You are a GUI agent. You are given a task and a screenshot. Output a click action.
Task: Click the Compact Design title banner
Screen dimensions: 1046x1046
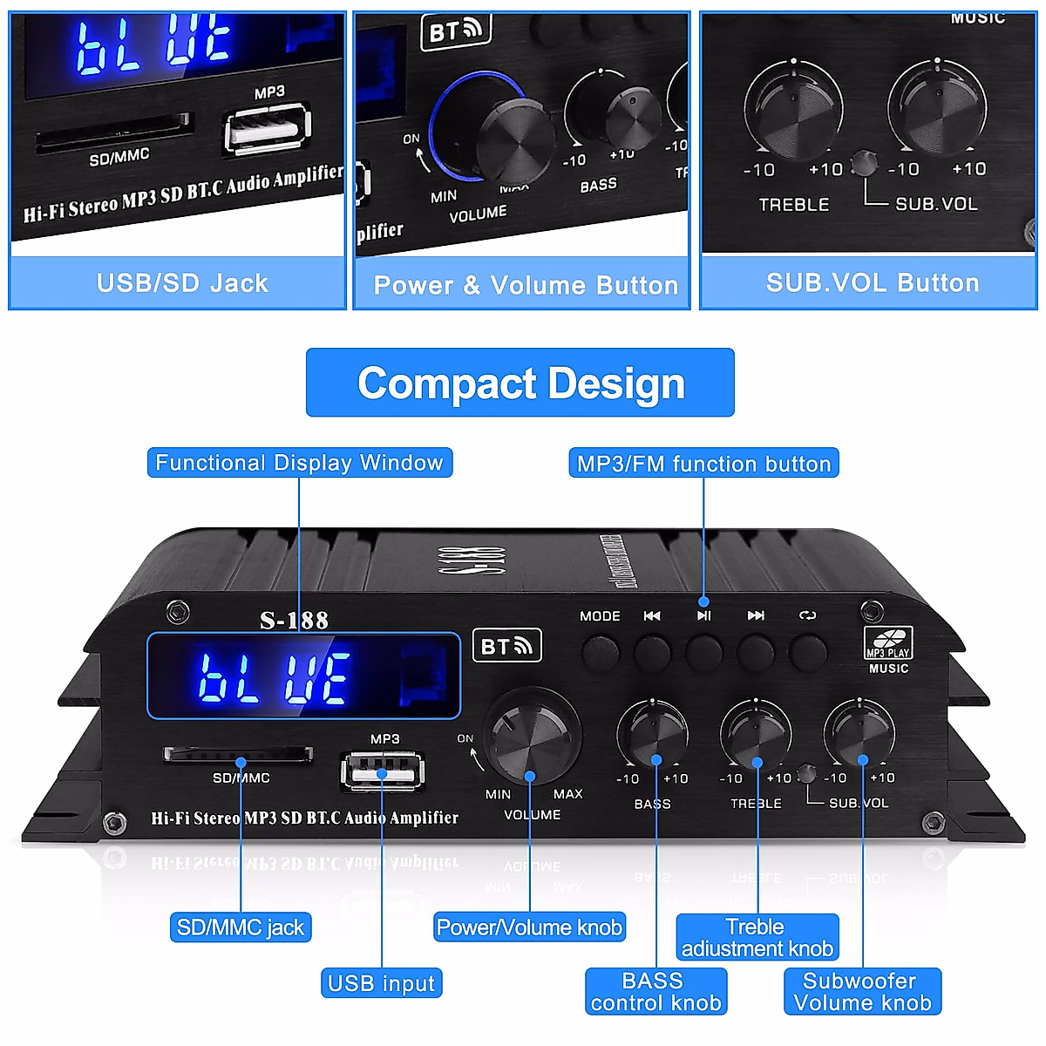[x=520, y=383]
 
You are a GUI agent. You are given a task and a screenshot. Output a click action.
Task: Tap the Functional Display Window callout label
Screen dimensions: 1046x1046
[x=300, y=463]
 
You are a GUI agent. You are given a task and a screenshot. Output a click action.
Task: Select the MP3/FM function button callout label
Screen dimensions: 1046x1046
[x=703, y=464]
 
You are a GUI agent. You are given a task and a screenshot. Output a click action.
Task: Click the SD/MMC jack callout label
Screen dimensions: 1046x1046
[x=241, y=927]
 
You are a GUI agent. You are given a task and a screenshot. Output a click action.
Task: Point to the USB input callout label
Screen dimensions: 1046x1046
[x=382, y=983]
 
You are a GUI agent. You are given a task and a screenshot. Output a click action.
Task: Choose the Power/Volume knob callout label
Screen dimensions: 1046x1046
[x=529, y=927]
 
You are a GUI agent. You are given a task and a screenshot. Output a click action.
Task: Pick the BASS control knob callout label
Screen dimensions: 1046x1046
[x=655, y=992]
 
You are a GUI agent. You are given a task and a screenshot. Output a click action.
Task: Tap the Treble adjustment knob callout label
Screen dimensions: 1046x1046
[x=757, y=938]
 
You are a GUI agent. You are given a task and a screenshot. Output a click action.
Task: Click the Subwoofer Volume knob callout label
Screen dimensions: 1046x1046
[x=862, y=992]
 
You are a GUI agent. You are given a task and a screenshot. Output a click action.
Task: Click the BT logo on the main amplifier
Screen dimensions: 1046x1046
[x=506, y=646]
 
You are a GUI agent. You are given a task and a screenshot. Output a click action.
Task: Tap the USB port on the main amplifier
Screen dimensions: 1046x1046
[x=383, y=771]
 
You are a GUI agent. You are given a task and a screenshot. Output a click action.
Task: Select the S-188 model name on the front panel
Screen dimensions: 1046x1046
[x=295, y=621]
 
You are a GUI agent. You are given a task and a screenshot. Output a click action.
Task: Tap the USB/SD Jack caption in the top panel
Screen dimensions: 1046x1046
[x=182, y=283]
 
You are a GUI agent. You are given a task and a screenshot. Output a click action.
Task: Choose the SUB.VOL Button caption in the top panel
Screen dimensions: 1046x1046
[x=873, y=283]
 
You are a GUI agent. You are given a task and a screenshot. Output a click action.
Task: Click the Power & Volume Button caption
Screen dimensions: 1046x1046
[x=526, y=285]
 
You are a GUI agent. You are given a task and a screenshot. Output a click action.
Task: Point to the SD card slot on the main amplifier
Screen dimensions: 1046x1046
[x=238, y=753]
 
